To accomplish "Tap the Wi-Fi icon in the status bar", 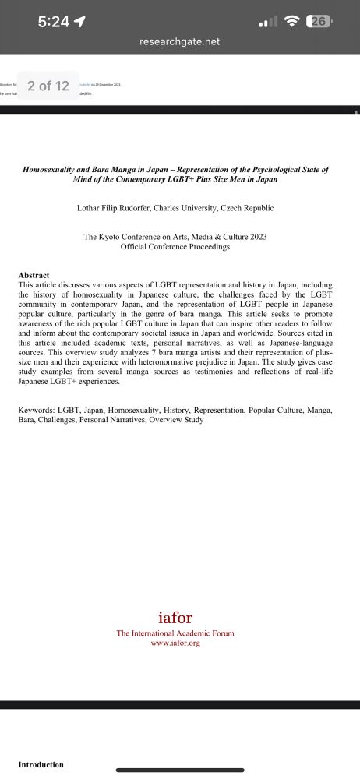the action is click(293, 22).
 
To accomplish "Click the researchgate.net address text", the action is click(180, 42).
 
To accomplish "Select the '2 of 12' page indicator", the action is click(48, 86).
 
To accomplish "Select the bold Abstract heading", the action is click(34, 276).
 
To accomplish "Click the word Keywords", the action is click(36, 410).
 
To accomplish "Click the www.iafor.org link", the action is click(175, 643).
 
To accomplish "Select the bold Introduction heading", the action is click(41, 764).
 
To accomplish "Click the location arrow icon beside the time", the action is click(79, 22).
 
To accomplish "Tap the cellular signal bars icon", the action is click(267, 23).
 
